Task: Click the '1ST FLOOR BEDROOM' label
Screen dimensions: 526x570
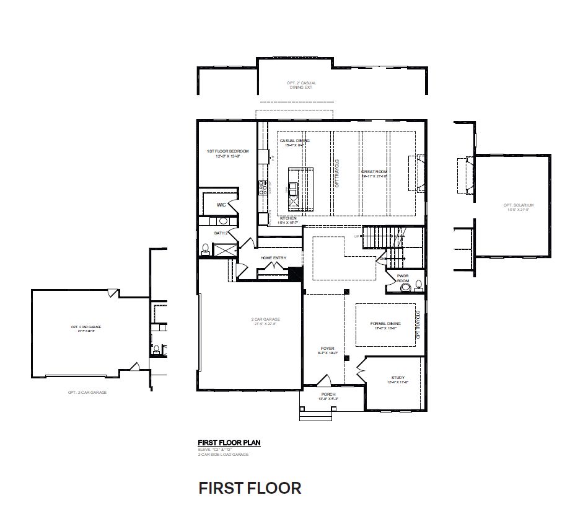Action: (227, 151)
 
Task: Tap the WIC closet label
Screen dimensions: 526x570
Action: (221, 205)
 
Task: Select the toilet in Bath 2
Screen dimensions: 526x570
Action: (205, 248)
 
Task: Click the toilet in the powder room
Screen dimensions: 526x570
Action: (418, 285)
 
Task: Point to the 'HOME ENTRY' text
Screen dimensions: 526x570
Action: (273, 257)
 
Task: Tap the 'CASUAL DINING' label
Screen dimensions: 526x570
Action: (294, 141)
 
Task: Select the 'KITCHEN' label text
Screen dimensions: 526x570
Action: (288, 219)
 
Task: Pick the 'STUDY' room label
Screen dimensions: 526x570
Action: (397, 377)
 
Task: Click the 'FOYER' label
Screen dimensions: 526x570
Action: (327, 349)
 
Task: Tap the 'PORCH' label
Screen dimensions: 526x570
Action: (328, 394)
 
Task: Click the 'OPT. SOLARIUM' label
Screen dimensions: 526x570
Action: (518, 205)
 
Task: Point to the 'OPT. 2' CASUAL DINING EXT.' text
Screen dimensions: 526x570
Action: (301, 85)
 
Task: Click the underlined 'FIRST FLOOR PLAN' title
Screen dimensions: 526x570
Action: (229, 442)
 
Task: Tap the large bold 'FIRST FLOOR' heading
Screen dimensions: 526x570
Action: (250, 488)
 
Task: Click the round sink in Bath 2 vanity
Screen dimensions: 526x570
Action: (222, 221)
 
